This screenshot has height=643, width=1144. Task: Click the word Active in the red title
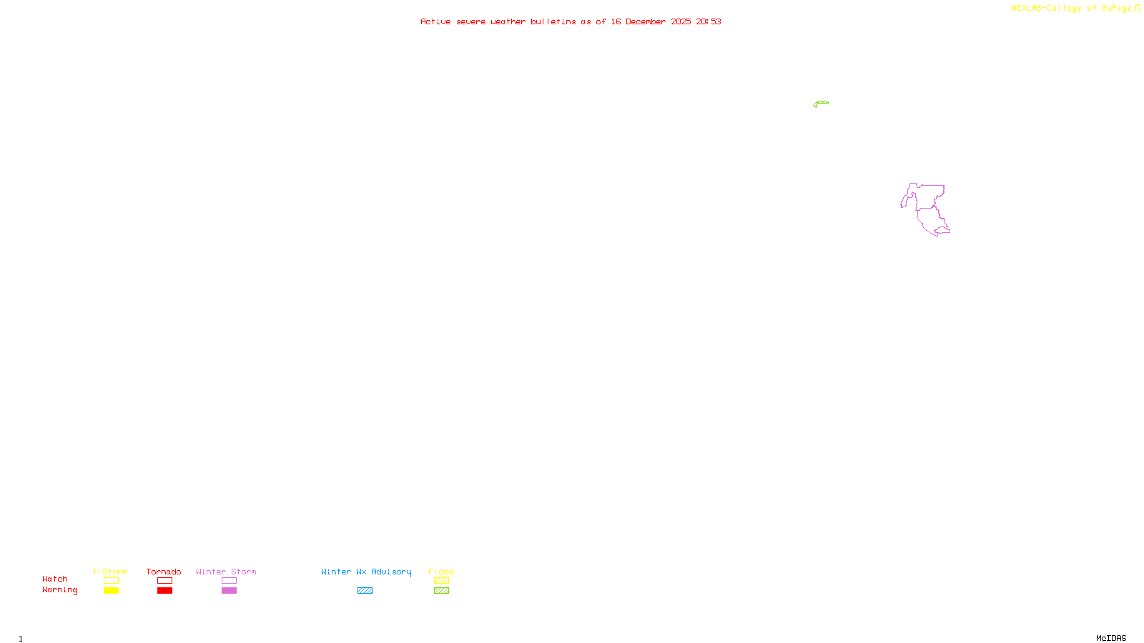click(435, 21)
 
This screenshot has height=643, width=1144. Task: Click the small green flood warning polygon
click(821, 104)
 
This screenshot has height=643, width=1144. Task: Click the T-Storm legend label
click(110, 572)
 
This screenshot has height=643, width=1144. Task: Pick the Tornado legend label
click(164, 572)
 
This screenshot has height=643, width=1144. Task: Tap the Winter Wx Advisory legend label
click(366, 572)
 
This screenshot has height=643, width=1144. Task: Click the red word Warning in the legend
click(59, 590)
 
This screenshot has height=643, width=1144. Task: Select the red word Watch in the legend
click(54, 579)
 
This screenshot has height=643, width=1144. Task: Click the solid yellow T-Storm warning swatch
click(111, 591)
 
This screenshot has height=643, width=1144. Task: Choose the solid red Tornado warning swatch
click(164, 591)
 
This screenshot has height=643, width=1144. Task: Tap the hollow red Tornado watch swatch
click(164, 581)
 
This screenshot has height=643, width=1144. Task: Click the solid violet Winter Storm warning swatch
click(229, 591)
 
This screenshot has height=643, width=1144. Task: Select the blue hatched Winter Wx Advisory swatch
click(365, 591)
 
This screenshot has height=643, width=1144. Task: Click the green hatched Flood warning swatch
click(441, 591)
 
